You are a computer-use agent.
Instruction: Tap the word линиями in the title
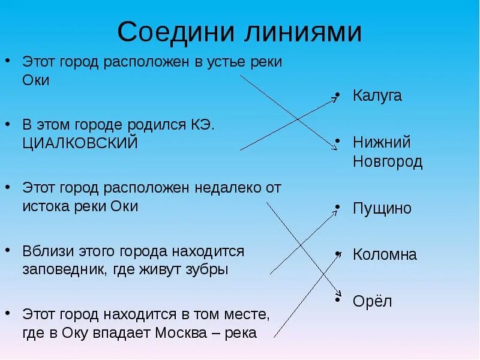302,32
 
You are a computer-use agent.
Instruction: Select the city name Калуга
377,95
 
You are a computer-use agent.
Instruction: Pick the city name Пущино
382,209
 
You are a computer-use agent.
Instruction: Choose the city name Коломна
385,254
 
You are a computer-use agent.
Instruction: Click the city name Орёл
373,301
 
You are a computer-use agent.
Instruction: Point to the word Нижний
382,142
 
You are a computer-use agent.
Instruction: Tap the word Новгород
388,161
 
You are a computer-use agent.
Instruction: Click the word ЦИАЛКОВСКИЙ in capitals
80,143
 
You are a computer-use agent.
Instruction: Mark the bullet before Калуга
338,95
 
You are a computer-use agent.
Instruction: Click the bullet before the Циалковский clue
8,125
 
